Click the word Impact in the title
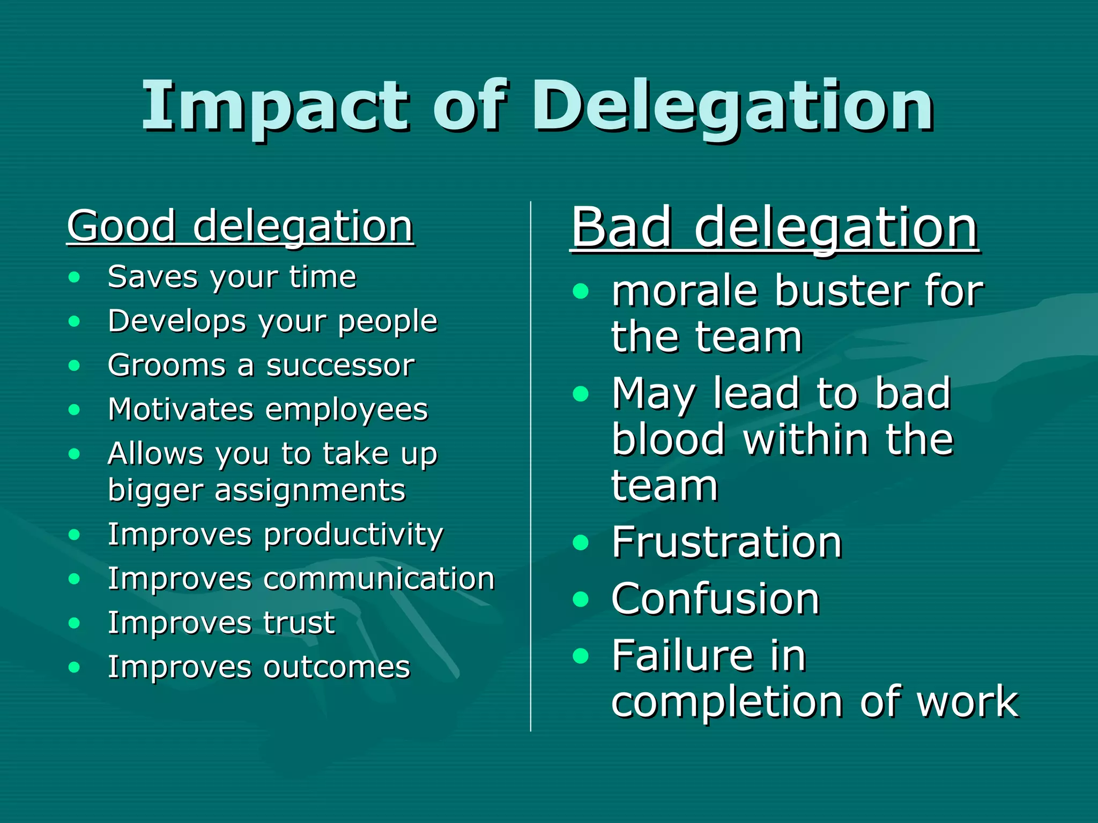(x=276, y=107)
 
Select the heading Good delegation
(x=240, y=226)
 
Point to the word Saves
(x=153, y=277)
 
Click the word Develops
(x=177, y=321)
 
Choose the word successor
(x=340, y=366)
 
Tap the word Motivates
(x=180, y=410)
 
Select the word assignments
(x=310, y=490)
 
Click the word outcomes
(x=337, y=668)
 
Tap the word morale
(x=685, y=292)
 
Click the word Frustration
(x=726, y=542)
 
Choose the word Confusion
(x=715, y=599)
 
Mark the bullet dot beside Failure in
(x=581, y=656)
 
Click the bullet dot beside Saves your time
(x=75, y=277)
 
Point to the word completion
(x=727, y=702)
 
